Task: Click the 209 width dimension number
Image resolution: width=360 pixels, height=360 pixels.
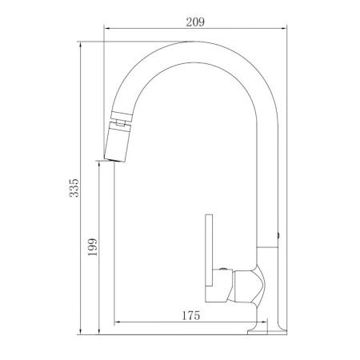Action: [195, 22]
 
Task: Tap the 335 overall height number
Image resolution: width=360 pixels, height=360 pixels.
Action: [74, 188]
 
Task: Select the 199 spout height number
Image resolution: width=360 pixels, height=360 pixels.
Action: [93, 247]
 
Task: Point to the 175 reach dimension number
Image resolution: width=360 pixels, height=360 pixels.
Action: [190, 316]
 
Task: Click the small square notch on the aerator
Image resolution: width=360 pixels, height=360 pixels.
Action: [120, 122]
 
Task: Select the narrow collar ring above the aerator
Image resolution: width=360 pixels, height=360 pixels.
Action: [122, 116]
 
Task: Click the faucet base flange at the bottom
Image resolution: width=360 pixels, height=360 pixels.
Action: [267, 331]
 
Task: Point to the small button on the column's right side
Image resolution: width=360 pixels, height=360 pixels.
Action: [278, 235]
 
